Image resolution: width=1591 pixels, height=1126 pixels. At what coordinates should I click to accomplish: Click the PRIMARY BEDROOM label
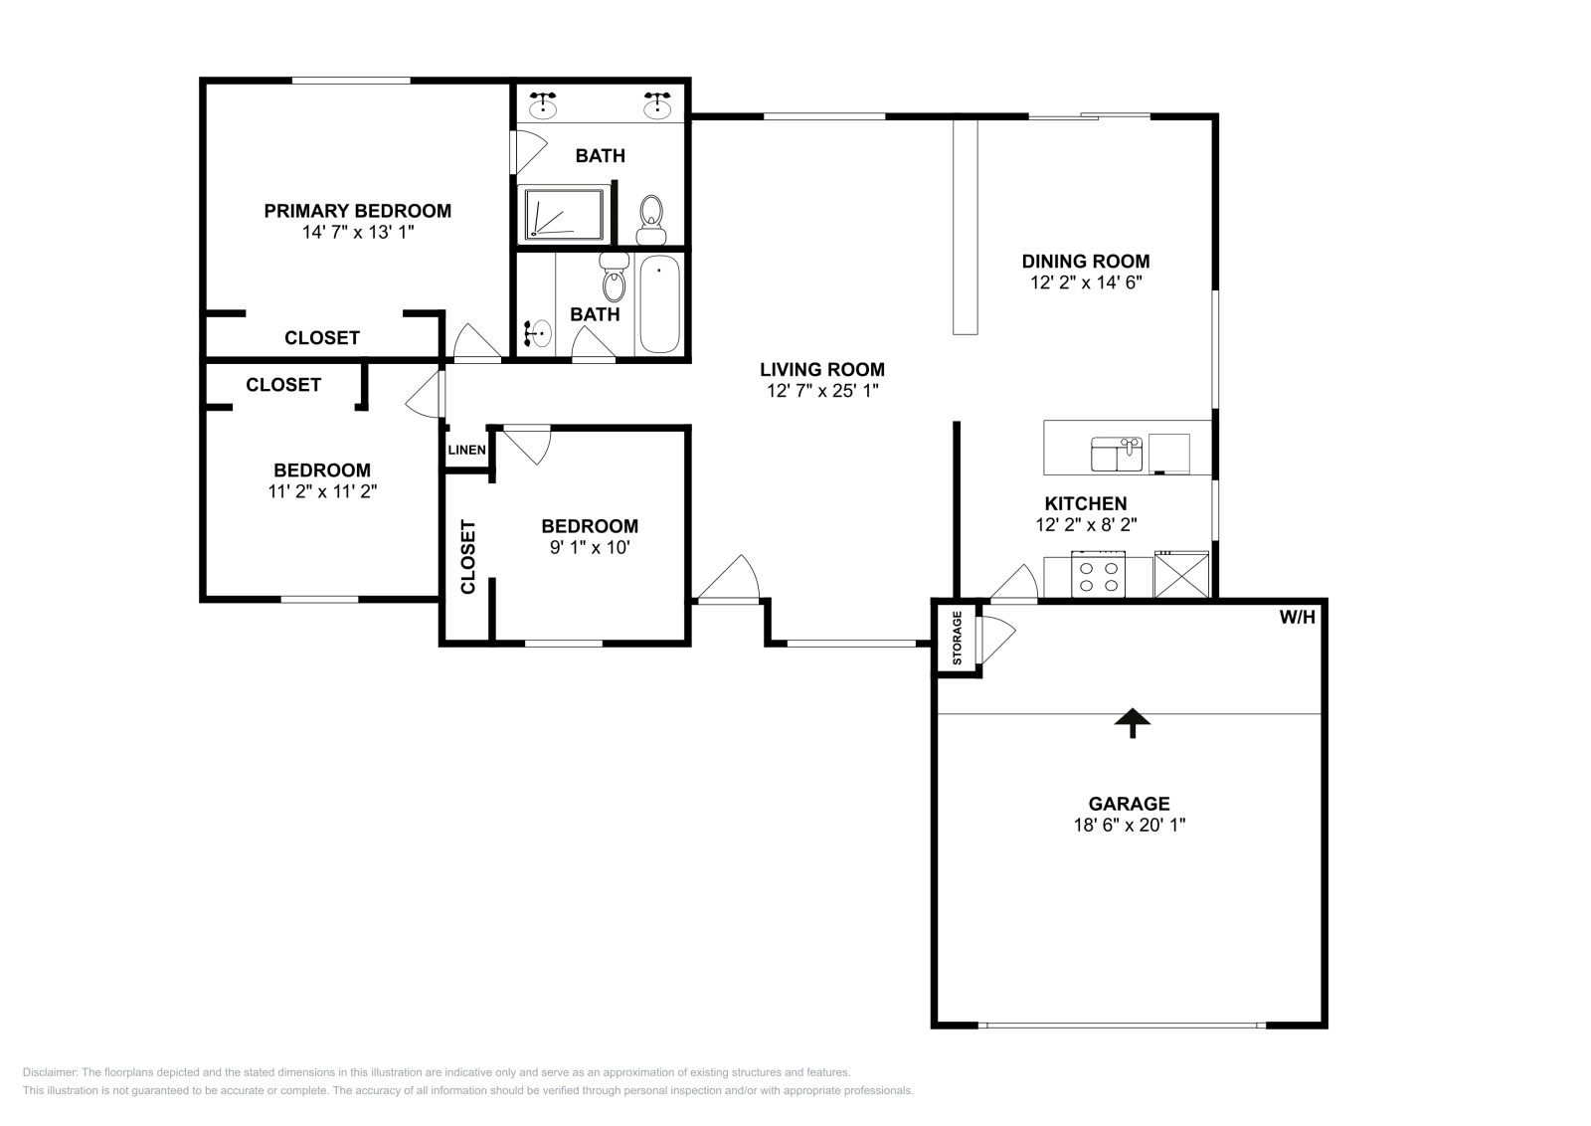[x=357, y=211]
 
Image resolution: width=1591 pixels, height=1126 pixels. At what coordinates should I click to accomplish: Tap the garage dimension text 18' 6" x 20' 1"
[x=1129, y=825]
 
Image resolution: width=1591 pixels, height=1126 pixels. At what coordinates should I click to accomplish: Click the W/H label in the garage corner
[x=1297, y=618]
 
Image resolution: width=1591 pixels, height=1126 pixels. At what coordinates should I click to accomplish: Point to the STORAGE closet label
[x=958, y=638]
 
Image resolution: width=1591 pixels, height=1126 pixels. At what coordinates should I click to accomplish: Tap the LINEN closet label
[x=466, y=451]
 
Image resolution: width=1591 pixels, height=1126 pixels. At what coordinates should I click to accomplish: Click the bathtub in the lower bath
[x=658, y=303]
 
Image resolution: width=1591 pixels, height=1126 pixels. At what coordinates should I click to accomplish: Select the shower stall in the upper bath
[x=565, y=213]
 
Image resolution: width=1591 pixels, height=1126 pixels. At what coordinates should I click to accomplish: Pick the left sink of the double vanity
[x=543, y=103]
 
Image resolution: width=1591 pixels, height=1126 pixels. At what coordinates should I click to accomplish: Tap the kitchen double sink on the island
[x=1117, y=455]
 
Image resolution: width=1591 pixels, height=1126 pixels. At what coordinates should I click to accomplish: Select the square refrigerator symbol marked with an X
[x=1181, y=576]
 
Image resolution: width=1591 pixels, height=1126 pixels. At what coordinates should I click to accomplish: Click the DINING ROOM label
[x=1086, y=262]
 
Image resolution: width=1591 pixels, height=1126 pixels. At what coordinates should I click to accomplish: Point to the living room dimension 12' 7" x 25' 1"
[x=822, y=391]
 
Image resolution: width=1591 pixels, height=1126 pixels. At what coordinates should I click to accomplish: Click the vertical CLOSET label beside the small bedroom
[x=468, y=556]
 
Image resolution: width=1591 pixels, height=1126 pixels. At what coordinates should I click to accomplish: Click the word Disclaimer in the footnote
[x=49, y=1072]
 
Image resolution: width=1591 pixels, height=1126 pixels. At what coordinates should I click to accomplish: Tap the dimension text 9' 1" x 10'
[x=590, y=547]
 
